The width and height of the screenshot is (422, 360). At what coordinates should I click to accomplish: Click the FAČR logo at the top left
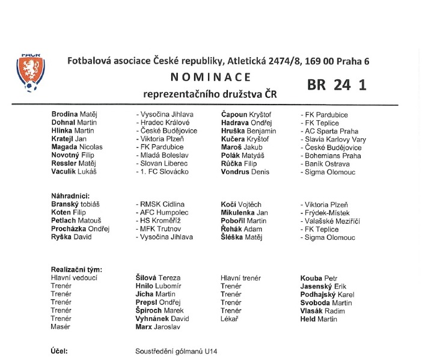pos(30,72)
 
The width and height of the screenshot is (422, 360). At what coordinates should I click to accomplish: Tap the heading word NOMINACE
pos(210,77)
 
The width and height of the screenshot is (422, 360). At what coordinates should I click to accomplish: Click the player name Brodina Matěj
pos(74,115)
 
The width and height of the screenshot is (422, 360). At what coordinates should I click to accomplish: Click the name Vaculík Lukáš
pos(74,171)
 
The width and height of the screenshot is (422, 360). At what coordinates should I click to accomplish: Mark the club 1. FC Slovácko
pos(162,171)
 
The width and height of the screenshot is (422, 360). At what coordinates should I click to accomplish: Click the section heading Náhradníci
pos(70,196)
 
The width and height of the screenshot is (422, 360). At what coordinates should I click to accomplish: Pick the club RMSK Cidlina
pos(161,204)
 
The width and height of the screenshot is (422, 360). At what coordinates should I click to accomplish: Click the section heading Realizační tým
pos(76,270)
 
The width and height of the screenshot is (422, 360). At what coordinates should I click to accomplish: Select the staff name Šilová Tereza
pos(159,278)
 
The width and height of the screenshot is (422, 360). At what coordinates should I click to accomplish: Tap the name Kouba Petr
pos(319,278)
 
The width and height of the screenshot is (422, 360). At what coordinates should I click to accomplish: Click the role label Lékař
pos(230,319)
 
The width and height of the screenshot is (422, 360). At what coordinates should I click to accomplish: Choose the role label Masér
pos(61,327)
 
